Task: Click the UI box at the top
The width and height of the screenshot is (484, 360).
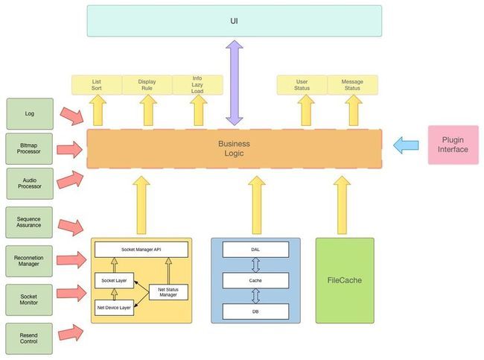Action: pyautogui.click(x=235, y=21)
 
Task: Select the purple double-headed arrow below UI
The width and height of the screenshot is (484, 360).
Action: pyautogui.click(x=235, y=83)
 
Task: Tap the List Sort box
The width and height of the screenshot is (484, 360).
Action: pyautogui.click(x=97, y=85)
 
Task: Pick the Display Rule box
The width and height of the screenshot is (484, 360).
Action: pyautogui.click(x=147, y=85)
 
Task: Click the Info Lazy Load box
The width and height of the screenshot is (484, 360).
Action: pyautogui.click(x=197, y=85)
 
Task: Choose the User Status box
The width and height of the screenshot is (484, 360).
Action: pyautogui.click(x=302, y=85)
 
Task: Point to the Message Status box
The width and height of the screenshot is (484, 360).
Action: pyautogui.click(x=352, y=85)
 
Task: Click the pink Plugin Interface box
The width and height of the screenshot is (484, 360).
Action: pyautogui.click(x=453, y=145)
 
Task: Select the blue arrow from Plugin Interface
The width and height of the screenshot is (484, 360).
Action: pyautogui.click(x=406, y=145)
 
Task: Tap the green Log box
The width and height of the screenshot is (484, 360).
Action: pyautogui.click(x=30, y=114)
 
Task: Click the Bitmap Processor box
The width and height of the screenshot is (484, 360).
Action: pyautogui.click(x=29, y=148)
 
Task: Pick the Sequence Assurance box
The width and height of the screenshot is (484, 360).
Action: pyautogui.click(x=29, y=222)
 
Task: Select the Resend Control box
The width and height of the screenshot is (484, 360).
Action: pyautogui.click(x=29, y=338)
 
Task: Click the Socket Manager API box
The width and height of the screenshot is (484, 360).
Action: pyautogui.click(x=141, y=250)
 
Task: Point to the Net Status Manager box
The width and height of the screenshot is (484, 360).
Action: pyautogui.click(x=168, y=292)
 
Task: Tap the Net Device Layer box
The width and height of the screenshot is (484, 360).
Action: pyautogui.click(x=114, y=308)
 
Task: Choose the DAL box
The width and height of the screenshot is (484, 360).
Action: pyautogui.click(x=255, y=250)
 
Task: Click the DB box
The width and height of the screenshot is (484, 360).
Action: pyautogui.click(x=255, y=312)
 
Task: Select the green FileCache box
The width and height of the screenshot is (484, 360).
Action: pyautogui.click(x=345, y=280)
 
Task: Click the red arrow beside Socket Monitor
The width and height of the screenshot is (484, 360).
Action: pyautogui.click(x=71, y=293)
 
